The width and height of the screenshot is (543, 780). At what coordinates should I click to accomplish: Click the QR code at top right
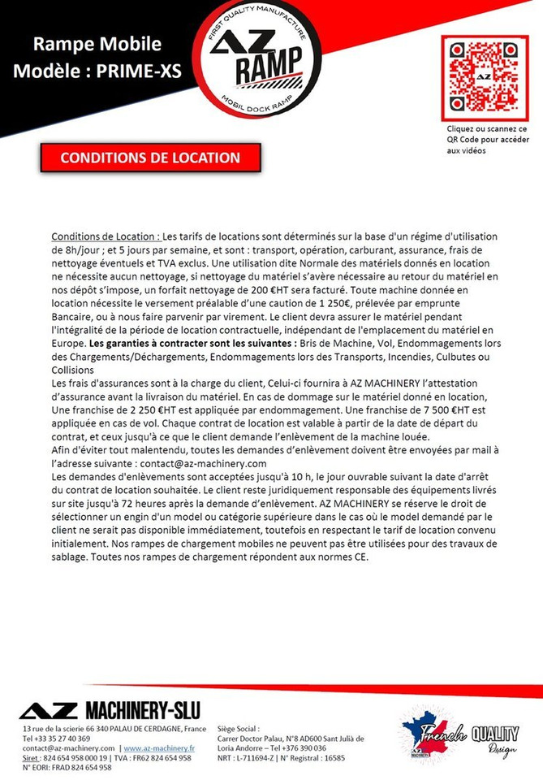[484, 78]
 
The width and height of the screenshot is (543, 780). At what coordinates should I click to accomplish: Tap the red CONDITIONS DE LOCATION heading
[150, 158]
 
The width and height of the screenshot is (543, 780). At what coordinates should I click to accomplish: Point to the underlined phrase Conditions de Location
[106, 236]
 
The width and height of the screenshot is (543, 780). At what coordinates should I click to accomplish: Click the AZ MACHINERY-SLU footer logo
[110, 708]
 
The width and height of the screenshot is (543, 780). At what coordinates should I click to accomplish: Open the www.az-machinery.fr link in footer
[159, 747]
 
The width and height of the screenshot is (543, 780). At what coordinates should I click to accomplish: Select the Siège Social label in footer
[239, 729]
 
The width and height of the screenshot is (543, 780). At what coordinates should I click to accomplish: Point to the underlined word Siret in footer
[32, 757]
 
